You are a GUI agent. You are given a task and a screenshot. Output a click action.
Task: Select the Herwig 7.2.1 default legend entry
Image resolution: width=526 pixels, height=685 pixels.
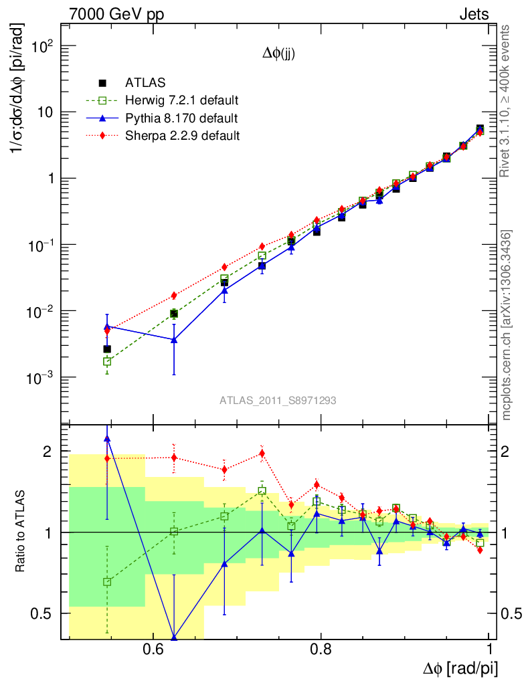coord(182,101)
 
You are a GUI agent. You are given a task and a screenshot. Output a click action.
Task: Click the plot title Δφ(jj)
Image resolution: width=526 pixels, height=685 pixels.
coord(278,55)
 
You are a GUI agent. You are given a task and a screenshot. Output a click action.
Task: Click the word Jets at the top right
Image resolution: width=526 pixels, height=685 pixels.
coord(473,14)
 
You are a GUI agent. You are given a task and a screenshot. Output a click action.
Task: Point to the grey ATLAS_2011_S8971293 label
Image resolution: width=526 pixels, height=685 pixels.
coord(278,401)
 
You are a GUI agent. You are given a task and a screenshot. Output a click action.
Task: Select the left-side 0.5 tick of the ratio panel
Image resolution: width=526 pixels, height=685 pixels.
coord(45,613)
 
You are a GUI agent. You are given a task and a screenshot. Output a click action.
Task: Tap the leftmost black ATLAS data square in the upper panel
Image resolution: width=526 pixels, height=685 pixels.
coord(107,349)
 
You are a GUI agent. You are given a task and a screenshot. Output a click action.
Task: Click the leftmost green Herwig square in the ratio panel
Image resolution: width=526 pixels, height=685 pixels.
coord(107,582)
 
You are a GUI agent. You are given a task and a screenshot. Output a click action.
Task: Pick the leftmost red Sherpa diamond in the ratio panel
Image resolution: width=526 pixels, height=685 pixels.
coord(107,458)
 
